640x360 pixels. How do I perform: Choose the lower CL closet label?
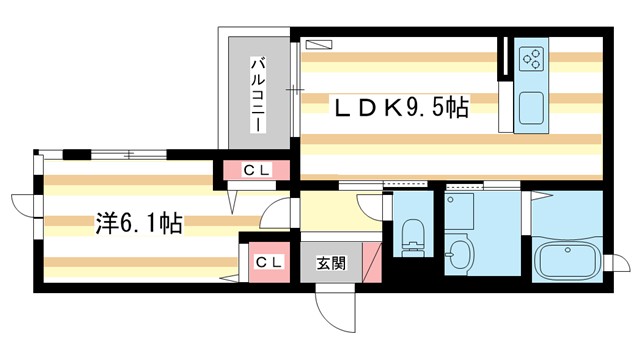click(x=267, y=262)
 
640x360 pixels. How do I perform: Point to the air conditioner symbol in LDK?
click(x=317, y=43)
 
